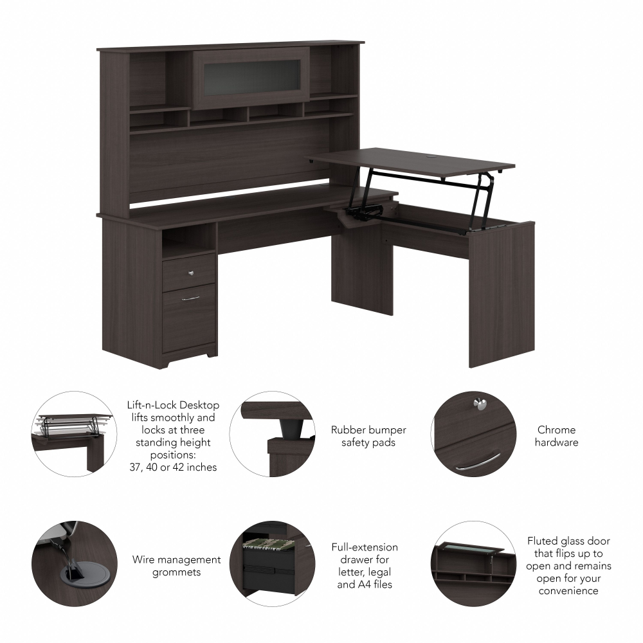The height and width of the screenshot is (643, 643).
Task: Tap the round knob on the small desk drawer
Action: (190, 273)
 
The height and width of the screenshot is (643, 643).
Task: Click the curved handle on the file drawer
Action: (190, 298)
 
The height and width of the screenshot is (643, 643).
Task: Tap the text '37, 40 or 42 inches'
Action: (173, 467)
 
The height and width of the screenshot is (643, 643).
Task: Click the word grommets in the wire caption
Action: (177, 572)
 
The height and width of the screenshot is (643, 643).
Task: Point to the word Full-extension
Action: (365, 547)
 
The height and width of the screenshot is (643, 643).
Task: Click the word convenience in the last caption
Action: (568, 591)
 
